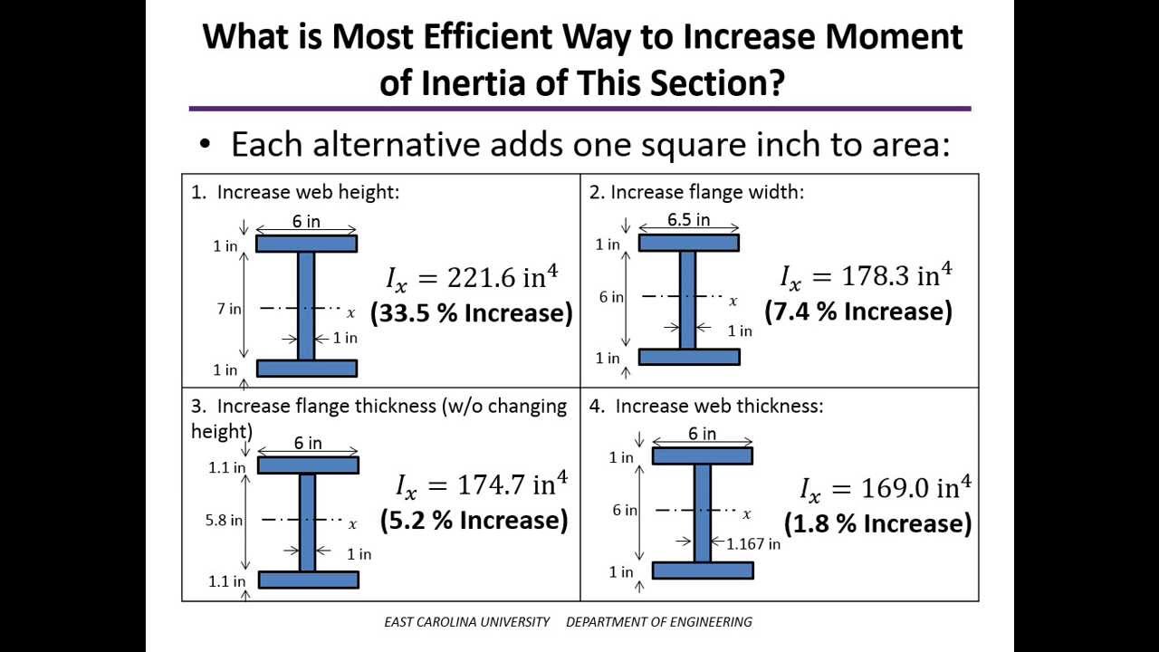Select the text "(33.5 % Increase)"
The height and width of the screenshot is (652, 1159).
coord(472,313)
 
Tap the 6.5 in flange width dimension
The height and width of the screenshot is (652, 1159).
coord(688,220)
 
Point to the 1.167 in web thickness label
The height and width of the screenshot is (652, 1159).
coord(753,543)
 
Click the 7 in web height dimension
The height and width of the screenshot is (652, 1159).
coord(228,309)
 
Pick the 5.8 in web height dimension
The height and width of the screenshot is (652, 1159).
coord(224,520)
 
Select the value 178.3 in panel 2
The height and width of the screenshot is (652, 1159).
coord(877,275)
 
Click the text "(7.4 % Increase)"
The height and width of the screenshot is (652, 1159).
coord(858,312)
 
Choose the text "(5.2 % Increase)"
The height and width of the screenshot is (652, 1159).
coord(474,520)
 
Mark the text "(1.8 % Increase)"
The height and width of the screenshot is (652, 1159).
coord(877,523)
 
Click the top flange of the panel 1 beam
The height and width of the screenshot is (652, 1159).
coord(306,244)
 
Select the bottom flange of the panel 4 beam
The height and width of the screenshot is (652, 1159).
coord(703,570)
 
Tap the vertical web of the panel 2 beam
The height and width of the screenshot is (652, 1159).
coord(688,300)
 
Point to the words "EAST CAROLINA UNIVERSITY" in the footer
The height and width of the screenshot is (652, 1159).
coord(466,622)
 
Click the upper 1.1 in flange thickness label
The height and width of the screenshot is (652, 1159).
coord(226,467)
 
